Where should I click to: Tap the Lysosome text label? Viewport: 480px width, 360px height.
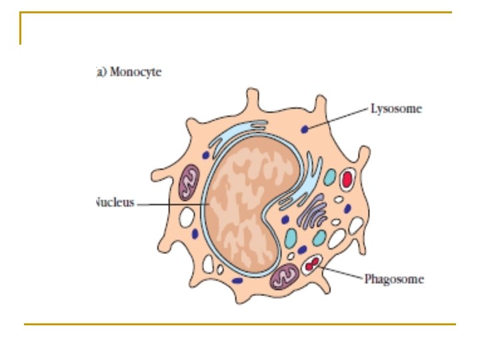pyautogui.click(x=396, y=108)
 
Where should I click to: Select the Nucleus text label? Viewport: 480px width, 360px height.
pyautogui.click(x=115, y=202)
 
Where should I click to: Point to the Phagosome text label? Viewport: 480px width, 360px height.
pyautogui.click(x=394, y=279)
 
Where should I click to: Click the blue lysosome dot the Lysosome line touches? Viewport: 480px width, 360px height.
pyautogui.click(x=305, y=129)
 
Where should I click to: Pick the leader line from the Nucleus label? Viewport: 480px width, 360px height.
pyautogui.click(x=173, y=203)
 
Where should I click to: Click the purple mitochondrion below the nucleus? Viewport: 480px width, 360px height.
pyautogui.click(x=285, y=275)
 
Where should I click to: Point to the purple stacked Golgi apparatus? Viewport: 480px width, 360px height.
pyautogui.click(x=312, y=213)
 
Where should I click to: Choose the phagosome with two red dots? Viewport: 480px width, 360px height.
pyautogui.click(x=311, y=266)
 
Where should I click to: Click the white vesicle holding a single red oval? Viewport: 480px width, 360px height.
pyautogui.click(x=347, y=179)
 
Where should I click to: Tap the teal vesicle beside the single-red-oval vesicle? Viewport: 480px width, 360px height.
pyautogui.click(x=329, y=177)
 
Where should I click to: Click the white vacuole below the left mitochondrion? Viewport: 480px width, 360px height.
pyautogui.click(x=187, y=217)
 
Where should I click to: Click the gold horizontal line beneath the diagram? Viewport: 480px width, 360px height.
pyautogui.click(x=240, y=324)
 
